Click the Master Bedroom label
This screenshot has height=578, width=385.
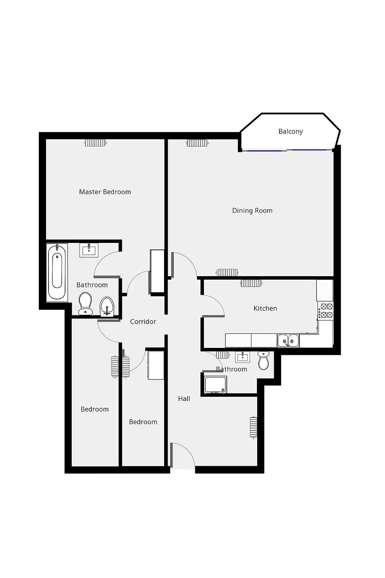click(105, 192)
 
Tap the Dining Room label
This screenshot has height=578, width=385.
click(252, 211)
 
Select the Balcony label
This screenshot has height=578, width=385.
click(290, 132)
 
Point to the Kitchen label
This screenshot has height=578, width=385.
click(265, 308)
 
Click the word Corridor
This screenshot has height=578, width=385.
click(143, 322)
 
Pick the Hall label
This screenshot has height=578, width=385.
click(184, 399)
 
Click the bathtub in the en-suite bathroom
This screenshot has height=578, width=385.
click(57, 272)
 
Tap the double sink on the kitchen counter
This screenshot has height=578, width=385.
click(288, 341)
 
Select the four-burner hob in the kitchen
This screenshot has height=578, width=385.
click(326, 311)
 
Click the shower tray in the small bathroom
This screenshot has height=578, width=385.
click(215, 385)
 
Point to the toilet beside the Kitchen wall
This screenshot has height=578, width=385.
click(263, 360)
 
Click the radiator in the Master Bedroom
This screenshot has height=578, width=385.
click(96, 143)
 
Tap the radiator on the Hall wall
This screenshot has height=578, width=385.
click(253, 427)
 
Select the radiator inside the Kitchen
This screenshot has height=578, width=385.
click(251, 283)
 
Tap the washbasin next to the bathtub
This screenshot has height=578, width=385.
click(89, 250)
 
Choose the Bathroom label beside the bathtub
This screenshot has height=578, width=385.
click(92, 285)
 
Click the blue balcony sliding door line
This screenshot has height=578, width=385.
click(287, 150)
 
